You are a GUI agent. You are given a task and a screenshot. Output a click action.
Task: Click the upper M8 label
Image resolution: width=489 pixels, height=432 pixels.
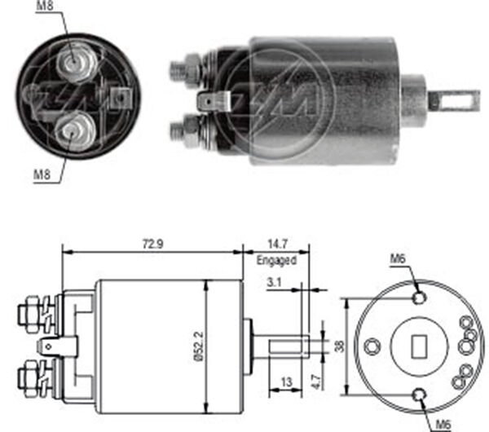click(x=47, y=7)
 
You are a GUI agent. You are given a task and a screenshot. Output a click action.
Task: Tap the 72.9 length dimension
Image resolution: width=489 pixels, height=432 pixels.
click(x=149, y=243)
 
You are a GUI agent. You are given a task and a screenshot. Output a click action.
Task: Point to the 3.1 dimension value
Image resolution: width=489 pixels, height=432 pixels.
click(x=275, y=283)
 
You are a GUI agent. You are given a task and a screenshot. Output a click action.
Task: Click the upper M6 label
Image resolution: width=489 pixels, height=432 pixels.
click(x=397, y=259)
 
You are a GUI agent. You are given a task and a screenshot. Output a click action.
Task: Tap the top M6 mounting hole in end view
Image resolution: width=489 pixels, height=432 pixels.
click(x=418, y=298)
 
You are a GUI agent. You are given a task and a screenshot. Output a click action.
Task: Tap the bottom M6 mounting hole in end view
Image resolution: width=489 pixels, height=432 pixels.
click(x=420, y=395)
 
